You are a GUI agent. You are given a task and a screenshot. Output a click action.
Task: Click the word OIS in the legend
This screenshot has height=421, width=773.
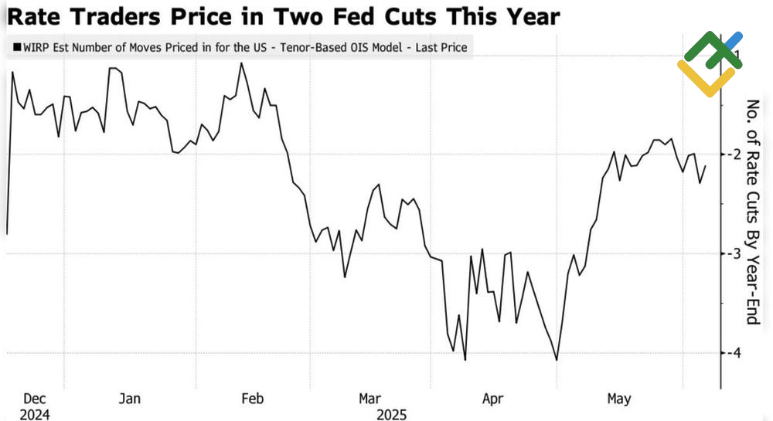point(359,48)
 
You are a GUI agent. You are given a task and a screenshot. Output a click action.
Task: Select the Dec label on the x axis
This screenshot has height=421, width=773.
point(36,399)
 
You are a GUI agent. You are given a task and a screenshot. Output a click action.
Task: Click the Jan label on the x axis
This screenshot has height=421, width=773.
point(129,399)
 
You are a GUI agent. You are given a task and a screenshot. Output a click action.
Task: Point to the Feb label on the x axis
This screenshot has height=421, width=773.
point(252,399)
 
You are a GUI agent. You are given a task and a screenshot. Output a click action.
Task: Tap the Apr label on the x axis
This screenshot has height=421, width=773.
point(493,399)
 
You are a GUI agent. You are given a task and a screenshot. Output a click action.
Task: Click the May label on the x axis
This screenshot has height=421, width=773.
point(618,399)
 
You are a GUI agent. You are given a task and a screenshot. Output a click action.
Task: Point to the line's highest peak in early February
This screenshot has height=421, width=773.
point(241,63)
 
